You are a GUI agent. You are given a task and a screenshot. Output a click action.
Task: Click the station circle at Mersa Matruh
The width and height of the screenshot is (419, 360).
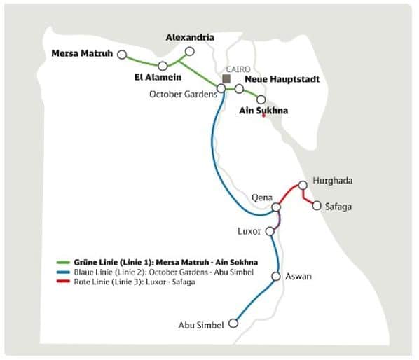(122, 54)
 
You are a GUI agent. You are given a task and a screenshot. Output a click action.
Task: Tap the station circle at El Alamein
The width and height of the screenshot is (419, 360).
(163, 66)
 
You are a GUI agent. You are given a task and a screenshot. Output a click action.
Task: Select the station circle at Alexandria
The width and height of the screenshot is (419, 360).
(188, 51)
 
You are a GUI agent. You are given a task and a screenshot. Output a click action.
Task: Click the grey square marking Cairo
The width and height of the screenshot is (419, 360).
(226, 78)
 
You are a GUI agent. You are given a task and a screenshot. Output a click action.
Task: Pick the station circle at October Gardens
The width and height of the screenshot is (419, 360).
(221, 88)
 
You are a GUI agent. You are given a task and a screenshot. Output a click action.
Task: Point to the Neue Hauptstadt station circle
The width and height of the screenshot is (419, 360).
(239, 89)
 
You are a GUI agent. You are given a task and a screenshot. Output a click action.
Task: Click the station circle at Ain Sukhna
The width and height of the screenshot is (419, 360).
(261, 99)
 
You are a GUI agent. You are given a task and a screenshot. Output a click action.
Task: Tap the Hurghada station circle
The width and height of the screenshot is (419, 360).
(303, 186)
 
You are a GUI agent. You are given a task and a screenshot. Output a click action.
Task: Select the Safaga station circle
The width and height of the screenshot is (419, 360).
(317, 206)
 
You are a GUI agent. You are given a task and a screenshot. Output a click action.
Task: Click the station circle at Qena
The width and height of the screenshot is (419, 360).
(276, 207)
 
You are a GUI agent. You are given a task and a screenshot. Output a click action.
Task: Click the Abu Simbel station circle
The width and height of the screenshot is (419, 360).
(233, 324)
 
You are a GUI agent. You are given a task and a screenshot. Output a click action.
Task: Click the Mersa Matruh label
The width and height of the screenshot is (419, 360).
(83, 53)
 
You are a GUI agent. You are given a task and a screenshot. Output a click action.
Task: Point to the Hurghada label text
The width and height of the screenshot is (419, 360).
(333, 181)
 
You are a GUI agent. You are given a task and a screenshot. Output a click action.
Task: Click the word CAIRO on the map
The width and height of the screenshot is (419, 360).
(233, 68)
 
